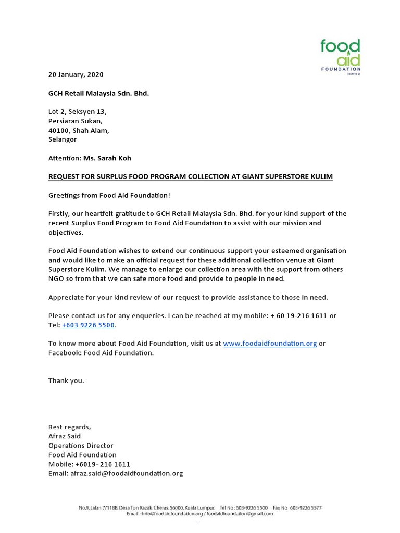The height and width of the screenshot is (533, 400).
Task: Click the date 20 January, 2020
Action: coord(76,74)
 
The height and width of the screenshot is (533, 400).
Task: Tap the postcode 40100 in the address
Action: coord(59,130)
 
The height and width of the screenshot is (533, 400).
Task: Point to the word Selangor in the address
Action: coord(63,139)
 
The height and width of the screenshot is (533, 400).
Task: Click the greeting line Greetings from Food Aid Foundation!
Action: coord(109,195)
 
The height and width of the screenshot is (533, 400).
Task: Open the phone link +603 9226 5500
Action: coord(89,325)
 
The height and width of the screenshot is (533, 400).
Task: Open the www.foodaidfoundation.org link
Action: coord(270,344)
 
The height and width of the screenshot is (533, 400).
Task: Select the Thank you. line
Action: coord(66,380)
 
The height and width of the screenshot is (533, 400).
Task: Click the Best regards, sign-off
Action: coord(69,427)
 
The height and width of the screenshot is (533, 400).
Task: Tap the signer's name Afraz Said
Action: coord(65,436)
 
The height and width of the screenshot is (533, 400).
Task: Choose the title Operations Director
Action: coord(81,446)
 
